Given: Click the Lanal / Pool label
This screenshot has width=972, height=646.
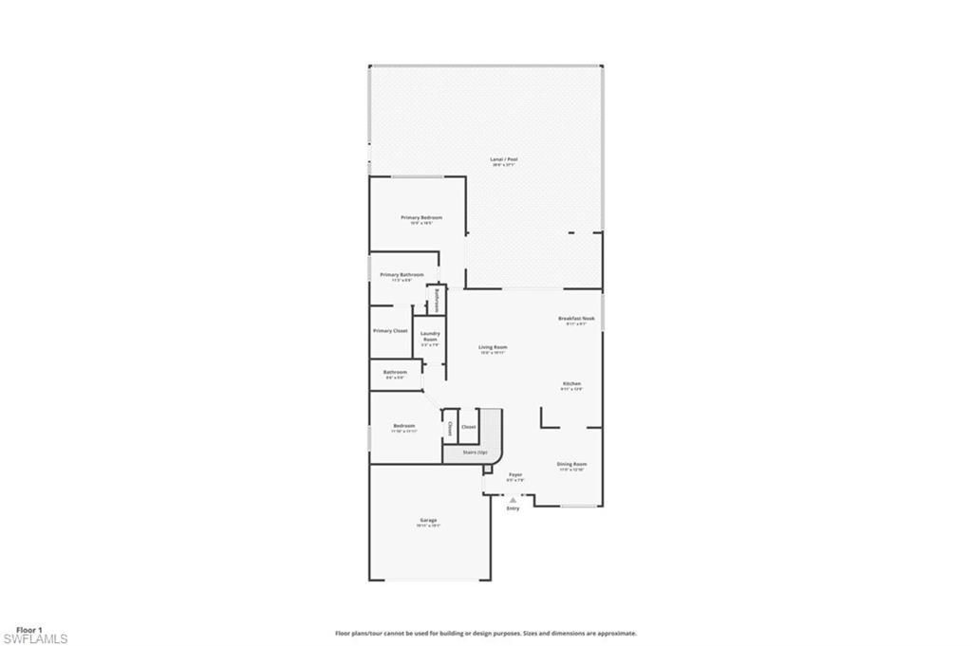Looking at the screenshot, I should pyautogui.click(x=504, y=159).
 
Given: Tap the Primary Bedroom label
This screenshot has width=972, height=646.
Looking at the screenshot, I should pyautogui.click(x=421, y=217).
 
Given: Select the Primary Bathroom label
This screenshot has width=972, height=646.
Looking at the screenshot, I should pyautogui.click(x=402, y=274).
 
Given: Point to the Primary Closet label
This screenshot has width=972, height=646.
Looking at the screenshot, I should pyautogui.click(x=390, y=331).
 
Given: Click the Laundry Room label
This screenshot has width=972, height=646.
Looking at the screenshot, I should pyautogui.click(x=430, y=336).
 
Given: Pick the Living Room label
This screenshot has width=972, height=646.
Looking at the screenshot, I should pyautogui.click(x=493, y=347).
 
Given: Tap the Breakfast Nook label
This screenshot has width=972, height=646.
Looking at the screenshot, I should pyautogui.click(x=576, y=319).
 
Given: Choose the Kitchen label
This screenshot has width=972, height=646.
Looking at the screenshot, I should pyautogui.click(x=570, y=383).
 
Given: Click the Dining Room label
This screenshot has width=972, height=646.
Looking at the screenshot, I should pyautogui.click(x=571, y=464).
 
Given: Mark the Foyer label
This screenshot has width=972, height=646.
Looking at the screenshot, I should pyautogui.click(x=515, y=474).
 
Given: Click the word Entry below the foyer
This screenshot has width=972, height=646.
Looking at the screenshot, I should pyautogui.click(x=513, y=509).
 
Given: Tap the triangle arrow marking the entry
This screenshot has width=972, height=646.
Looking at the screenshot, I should pyautogui.click(x=513, y=500).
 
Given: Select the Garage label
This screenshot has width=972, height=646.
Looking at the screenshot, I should pyautogui.click(x=428, y=520).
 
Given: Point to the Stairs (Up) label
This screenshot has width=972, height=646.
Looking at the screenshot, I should pyautogui.click(x=475, y=452).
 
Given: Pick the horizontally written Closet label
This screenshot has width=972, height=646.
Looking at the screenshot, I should pyautogui.click(x=468, y=427).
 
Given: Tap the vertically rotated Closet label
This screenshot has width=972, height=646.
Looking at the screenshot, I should pyautogui.click(x=450, y=428).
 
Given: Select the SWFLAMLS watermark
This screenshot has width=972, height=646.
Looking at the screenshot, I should pyautogui.click(x=34, y=639).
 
